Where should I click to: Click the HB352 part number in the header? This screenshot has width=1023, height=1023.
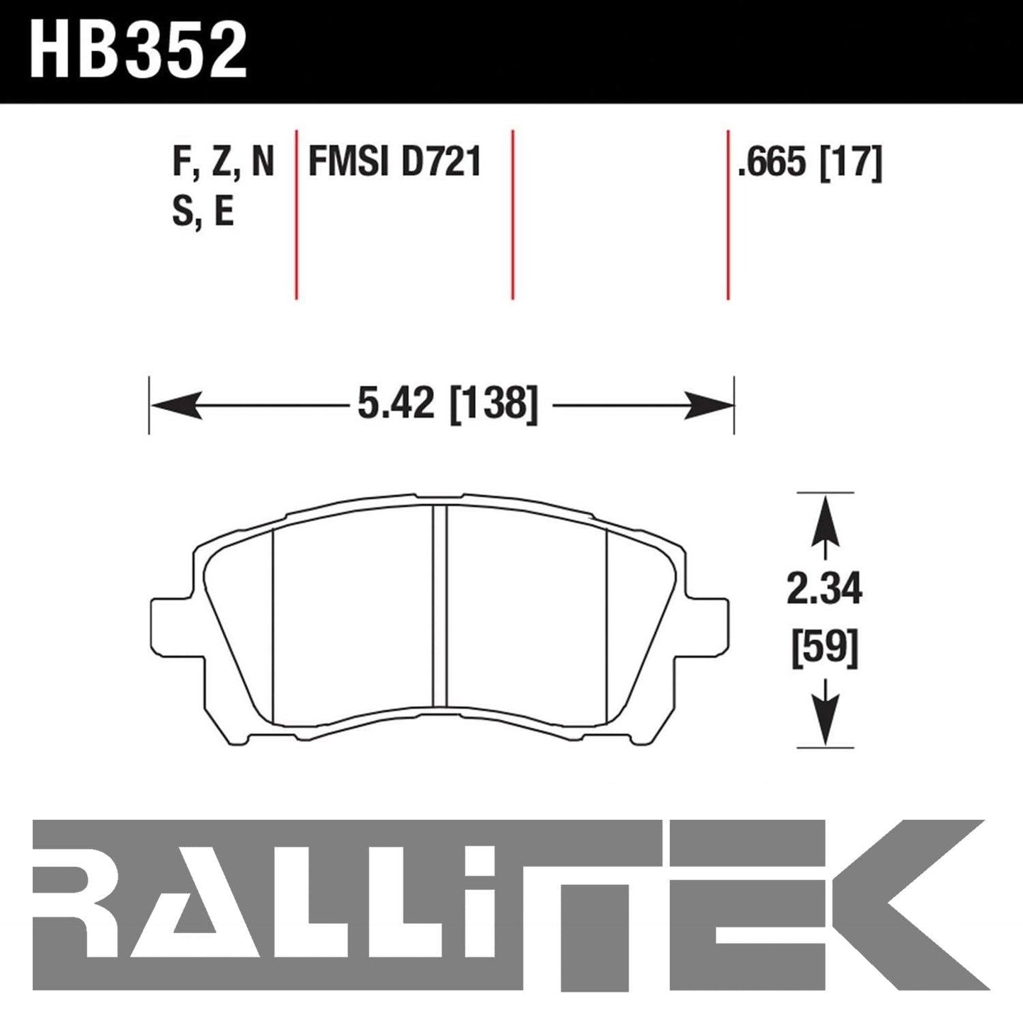(x=139, y=52)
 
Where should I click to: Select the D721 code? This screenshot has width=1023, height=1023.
(x=441, y=162)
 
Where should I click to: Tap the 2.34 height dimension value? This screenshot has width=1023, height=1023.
(x=825, y=589)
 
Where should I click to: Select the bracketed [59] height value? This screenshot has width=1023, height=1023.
(x=825, y=649)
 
